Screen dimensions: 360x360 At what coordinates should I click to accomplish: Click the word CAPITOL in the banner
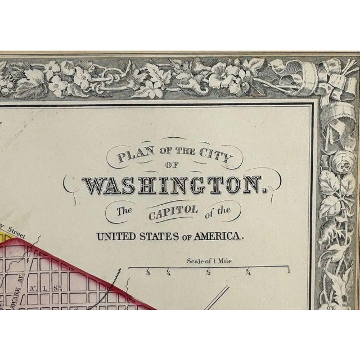[x=168, y=211]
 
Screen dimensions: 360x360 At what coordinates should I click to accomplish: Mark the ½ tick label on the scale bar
[x=209, y=273]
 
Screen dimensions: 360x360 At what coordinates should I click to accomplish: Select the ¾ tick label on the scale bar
[x=247, y=273]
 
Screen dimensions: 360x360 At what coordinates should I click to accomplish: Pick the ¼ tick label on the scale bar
[x=169, y=273]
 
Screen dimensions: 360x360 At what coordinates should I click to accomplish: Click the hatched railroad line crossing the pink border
[x=118, y=276]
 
